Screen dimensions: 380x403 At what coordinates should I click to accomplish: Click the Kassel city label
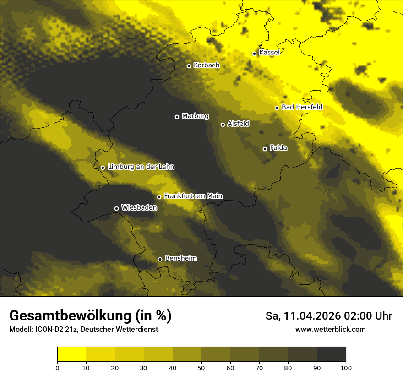tap(269, 53)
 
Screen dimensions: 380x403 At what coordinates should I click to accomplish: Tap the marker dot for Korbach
tap(189, 66)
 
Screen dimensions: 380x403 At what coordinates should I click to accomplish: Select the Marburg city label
tap(195, 116)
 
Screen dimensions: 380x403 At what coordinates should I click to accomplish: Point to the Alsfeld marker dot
tap(223, 125)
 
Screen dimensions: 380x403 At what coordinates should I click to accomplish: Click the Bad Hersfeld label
tap(302, 107)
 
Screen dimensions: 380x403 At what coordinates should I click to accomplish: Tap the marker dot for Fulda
tap(265, 149)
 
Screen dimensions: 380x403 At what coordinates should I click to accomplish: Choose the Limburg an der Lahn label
tap(141, 167)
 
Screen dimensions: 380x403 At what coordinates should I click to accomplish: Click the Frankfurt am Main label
tap(193, 196)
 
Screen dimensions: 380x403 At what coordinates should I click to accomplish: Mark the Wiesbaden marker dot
tap(116, 208)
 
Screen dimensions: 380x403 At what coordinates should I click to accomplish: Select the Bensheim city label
tap(180, 258)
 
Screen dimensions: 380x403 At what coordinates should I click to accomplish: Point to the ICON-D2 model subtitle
tap(83, 330)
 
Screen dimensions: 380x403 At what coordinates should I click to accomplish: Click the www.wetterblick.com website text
tap(331, 330)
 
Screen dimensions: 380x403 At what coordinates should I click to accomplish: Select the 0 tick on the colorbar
tap(57, 367)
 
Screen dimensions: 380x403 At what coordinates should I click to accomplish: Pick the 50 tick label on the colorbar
tap(201, 367)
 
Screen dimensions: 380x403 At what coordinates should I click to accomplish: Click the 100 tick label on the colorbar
tap(346, 367)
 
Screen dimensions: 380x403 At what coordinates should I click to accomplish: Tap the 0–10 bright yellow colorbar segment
tap(71, 354)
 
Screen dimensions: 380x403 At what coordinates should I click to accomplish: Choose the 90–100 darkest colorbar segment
tap(331, 354)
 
